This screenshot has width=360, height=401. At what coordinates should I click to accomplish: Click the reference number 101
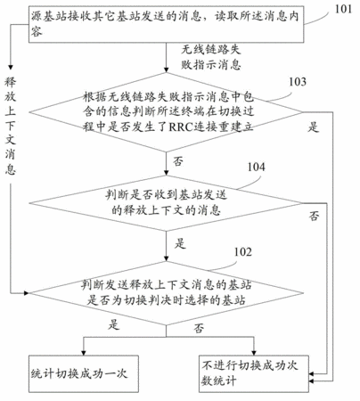[343, 9]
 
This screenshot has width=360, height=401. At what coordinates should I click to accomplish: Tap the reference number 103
[298, 82]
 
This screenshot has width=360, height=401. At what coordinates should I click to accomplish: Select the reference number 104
[256, 167]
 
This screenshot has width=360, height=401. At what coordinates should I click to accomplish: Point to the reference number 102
[243, 252]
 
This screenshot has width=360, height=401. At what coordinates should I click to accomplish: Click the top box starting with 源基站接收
[167, 24]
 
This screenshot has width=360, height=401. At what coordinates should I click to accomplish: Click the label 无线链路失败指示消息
[211, 57]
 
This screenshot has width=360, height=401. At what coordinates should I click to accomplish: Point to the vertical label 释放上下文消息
[10, 126]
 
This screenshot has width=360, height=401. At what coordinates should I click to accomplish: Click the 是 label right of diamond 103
[313, 127]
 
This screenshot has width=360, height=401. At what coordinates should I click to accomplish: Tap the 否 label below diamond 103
[178, 161]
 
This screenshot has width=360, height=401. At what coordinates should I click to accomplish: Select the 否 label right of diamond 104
[315, 216]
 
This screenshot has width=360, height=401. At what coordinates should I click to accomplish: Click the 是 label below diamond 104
[180, 243]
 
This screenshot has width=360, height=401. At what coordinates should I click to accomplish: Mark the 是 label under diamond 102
[114, 324]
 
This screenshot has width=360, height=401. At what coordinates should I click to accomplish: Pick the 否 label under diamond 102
[199, 328]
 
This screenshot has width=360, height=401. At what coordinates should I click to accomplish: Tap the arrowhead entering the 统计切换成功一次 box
[84, 352]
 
